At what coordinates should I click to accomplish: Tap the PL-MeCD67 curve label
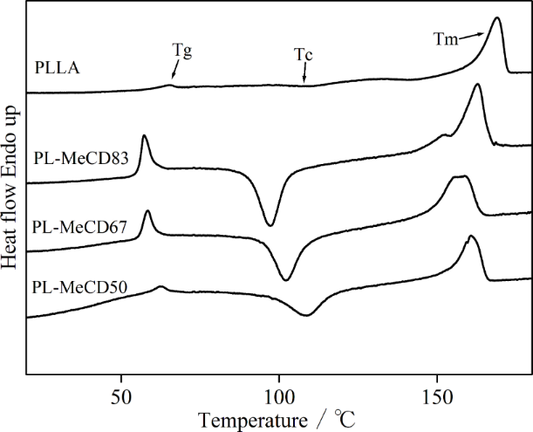(x=80, y=227)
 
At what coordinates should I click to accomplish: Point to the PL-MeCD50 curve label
(x=80, y=286)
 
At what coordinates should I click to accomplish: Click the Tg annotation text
(x=181, y=51)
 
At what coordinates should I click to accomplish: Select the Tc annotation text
(x=304, y=54)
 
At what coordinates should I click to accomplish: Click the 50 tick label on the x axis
(x=121, y=395)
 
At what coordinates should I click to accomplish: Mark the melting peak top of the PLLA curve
(x=496, y=18)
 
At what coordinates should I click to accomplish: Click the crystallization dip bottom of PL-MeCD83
(x=270, y=225)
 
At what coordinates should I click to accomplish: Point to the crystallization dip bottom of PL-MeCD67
(x=286, y=280)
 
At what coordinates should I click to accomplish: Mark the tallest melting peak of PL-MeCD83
(x=477, y=85)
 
